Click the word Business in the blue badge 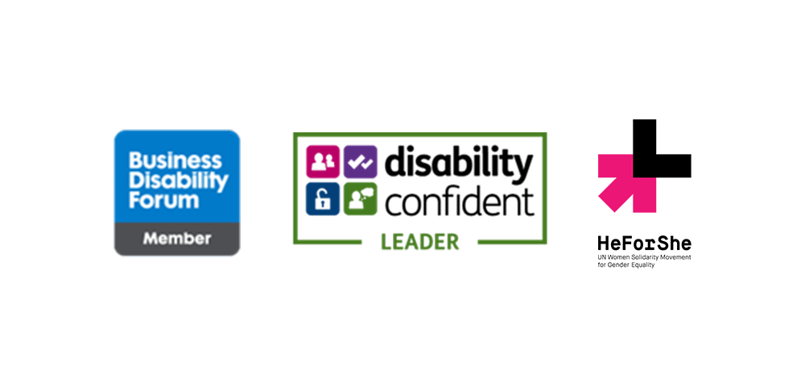click(x=175, y=161)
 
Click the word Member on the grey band click(x=176, y=239)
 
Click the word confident click(x=460, y=202)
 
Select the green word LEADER click(x=420, y=242)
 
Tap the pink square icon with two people click(x=323, y=162)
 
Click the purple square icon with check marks click(x=361, y=162)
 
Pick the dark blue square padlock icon click(x=323, y=199)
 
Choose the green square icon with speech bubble click(x=361, y=199)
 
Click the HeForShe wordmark click(x=644, y=243)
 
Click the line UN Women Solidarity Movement click(x=644, y=256)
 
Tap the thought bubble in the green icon click(x=365, y=193)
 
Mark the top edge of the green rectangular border click(x=420, y=134)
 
